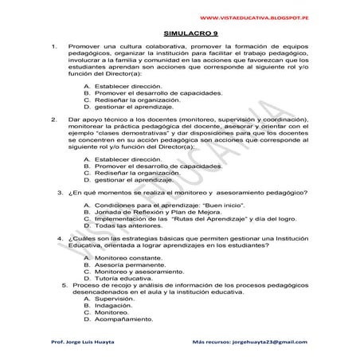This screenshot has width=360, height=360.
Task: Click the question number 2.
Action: point(53,119)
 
